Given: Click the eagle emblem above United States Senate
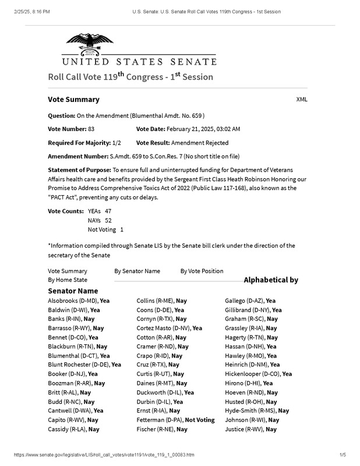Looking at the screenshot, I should click(x=89, y=43).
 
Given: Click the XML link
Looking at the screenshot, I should click(x=302, y=99).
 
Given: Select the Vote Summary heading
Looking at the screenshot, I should click(x=73, y=100).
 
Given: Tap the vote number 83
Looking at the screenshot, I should click(x=91, y=129).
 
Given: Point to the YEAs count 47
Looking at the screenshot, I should click(x=108, y=210).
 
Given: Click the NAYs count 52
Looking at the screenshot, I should click(x=108, y=220).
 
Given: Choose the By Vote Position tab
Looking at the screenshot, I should click(x=202, y=271).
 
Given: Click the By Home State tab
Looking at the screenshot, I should click(x=68, y=280).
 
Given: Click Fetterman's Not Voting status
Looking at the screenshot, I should click(x=200, y=419).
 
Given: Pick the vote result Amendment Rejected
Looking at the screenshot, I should click(x=200, y=143).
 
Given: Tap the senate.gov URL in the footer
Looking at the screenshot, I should click(x=104, y=454).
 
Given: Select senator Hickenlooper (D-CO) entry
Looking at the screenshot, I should click(x=258, y=374).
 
